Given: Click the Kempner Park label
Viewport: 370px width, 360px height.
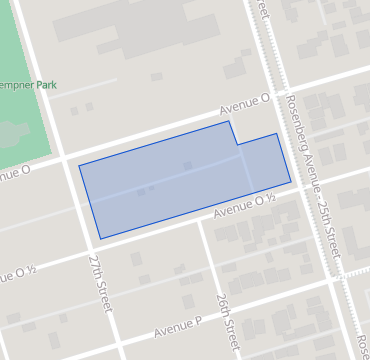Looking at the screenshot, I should point(30,86).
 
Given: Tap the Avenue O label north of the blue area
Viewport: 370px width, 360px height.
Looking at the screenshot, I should point(247,102).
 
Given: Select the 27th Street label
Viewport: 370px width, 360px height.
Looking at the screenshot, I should point(100,282).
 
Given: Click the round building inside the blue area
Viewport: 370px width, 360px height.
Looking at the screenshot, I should point(187,165).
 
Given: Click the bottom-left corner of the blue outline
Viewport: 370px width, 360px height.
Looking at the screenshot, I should point(99,239).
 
